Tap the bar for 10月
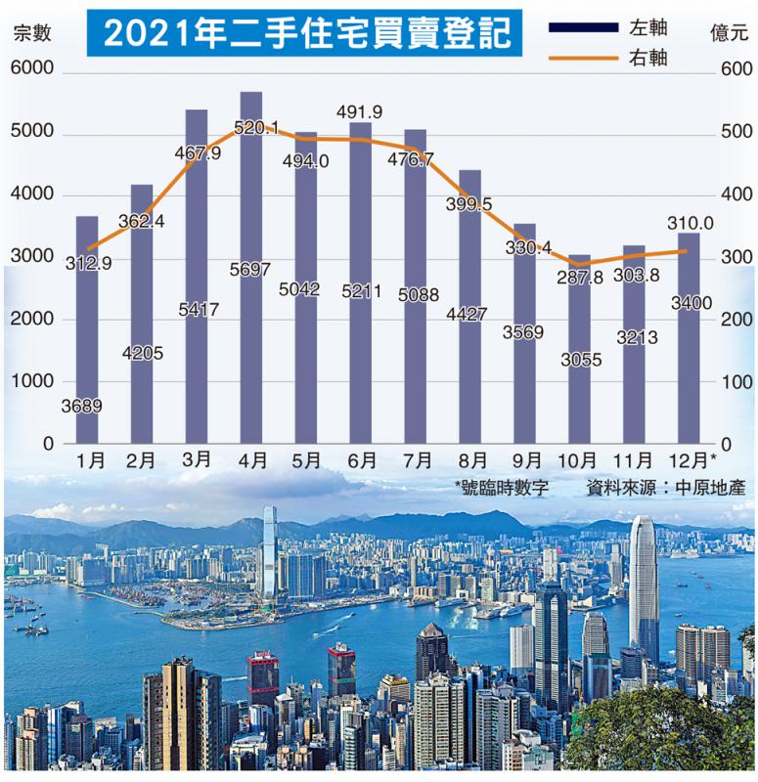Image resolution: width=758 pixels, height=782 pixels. (x=580, y=391)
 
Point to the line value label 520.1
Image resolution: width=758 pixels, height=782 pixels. (x=257, y=127)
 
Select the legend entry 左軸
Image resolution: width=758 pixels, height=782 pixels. (x=645, y=25)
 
